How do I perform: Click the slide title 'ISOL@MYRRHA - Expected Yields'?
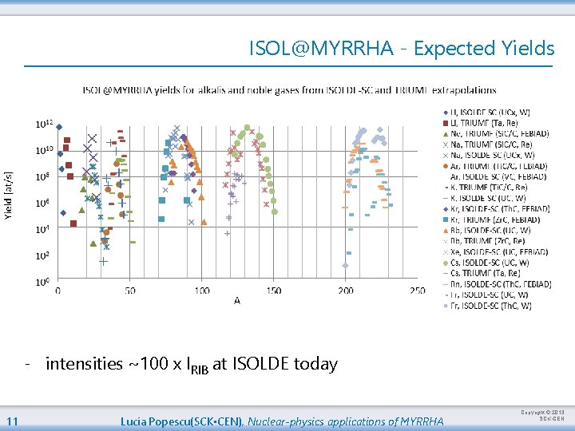[x=401, y=49]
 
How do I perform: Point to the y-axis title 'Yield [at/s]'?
[x=9, y=196]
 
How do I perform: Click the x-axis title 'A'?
[x=237, y=301]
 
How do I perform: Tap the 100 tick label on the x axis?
[x=202, y=291]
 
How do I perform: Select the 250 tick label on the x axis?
[x=417, y=291]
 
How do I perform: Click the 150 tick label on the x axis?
[x=274, y=291]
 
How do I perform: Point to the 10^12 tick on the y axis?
[x=44, y=125]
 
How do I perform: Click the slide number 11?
[x=12, y=421]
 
